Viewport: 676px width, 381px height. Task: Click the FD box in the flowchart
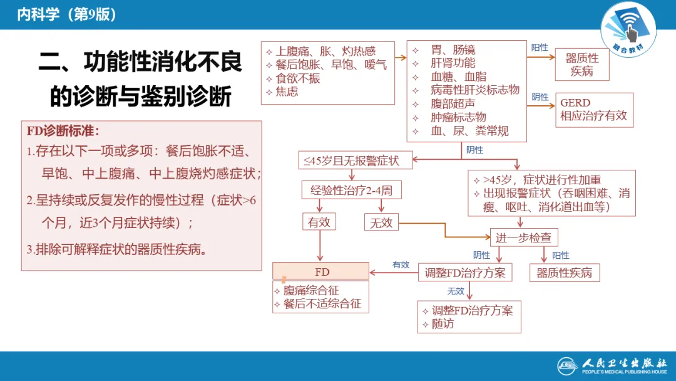coord(320,271)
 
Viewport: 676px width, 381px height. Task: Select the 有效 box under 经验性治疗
coord(319,222)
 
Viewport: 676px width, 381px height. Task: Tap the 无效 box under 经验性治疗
coord(381,222)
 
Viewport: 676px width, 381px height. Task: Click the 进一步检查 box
coord(523,237)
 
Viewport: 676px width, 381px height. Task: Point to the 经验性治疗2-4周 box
coord(351,190)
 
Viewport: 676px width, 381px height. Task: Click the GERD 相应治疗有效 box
coord(593,110)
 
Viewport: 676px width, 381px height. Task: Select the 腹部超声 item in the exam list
coord(453,103)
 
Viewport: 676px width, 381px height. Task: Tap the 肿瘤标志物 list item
coord(458,117)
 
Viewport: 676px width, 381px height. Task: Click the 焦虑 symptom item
coord(287,91)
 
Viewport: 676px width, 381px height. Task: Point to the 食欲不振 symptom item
coord(298,78)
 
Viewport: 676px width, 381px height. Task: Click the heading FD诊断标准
coord(63,131)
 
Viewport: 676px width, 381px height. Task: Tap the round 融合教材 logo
coord(628,29)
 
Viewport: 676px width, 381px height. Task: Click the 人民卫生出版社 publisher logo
coord(613,365)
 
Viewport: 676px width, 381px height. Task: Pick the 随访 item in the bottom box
coord(443,324)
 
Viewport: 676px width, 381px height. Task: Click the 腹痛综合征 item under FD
coord(311,291)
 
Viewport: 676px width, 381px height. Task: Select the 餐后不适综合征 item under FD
coord(322,304)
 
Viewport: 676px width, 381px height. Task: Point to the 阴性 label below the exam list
coord(474,150)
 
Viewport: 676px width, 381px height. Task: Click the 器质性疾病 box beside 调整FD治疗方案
coord(564,273)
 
